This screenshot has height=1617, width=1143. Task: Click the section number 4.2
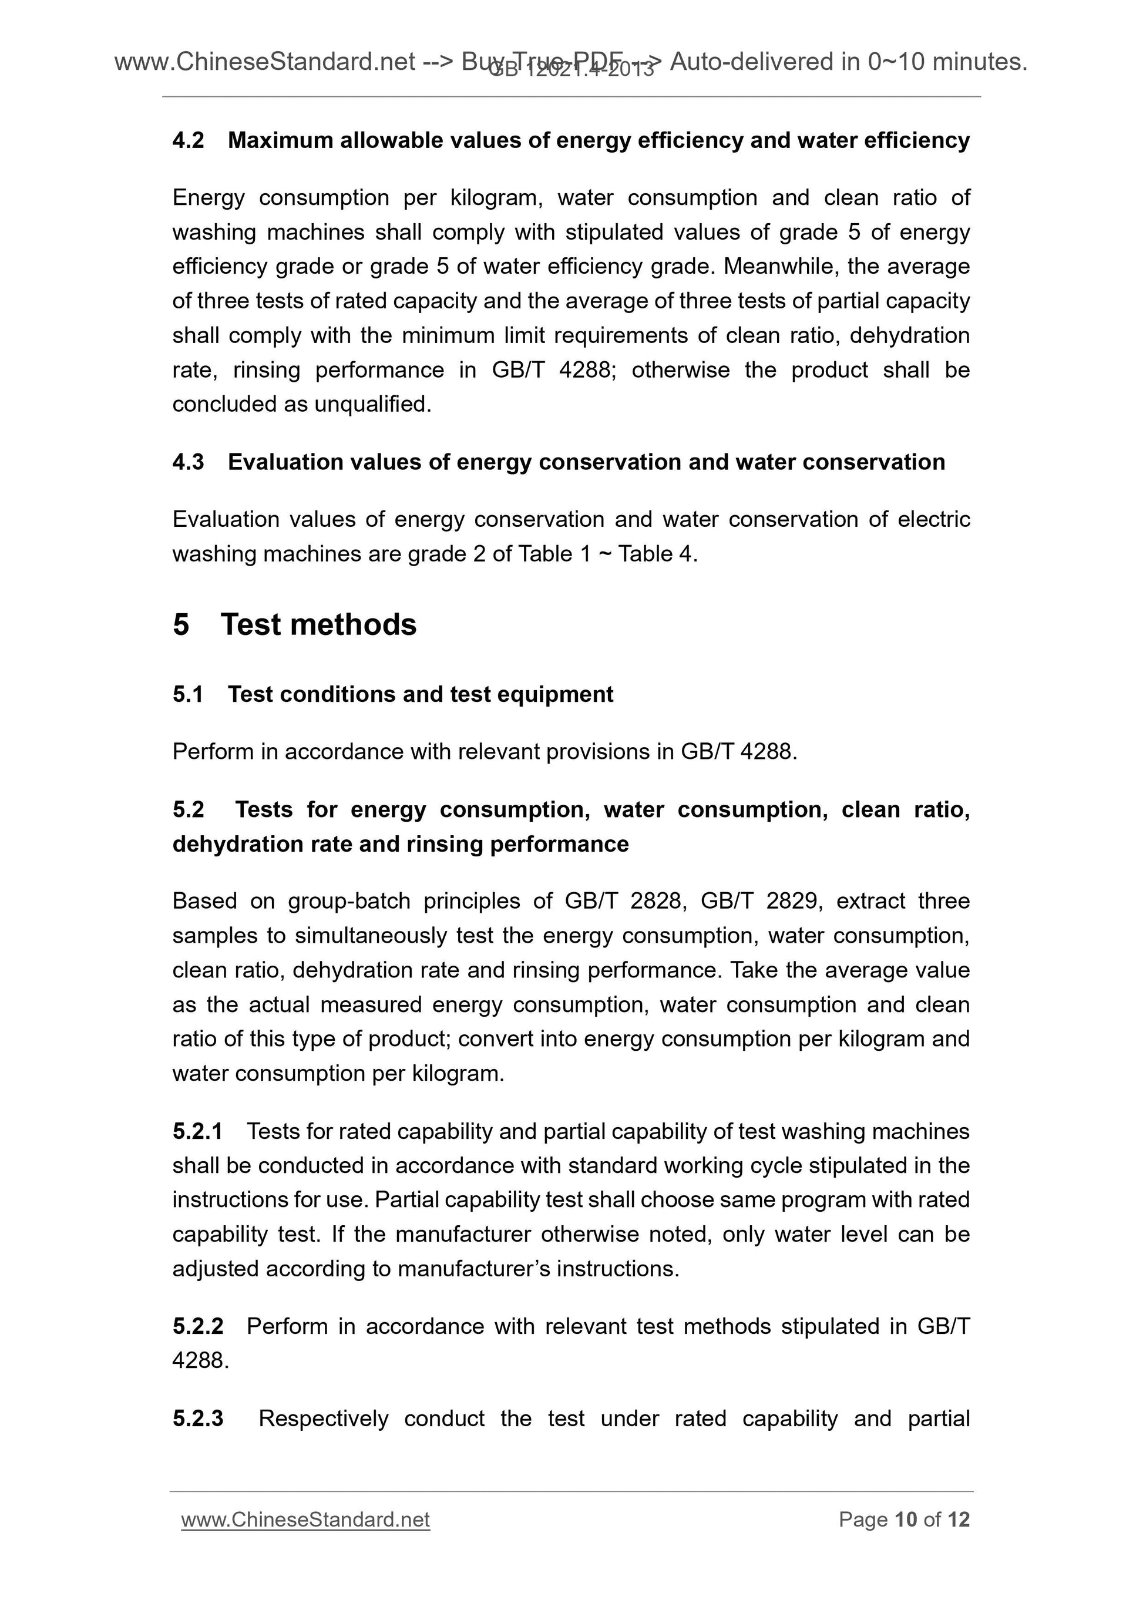tap(188, 141)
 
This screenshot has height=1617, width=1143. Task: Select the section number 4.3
tap(188, 462)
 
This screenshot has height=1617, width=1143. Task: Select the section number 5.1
tap(188, 694)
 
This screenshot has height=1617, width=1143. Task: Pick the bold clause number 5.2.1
tap(197, 1131)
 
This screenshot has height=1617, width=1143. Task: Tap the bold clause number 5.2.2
tap(198, 1326)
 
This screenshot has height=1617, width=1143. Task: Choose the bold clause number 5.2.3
tap(198, 1418)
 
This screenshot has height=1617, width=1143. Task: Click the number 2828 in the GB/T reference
tap(658, 901)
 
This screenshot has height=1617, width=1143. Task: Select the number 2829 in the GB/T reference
tap(794, 901)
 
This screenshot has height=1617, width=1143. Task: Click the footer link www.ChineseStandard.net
tap(305, 1520)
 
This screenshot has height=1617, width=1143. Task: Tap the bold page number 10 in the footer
tap(906, 1520)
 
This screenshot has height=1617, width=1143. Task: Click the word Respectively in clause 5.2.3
tap(323, 1418)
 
